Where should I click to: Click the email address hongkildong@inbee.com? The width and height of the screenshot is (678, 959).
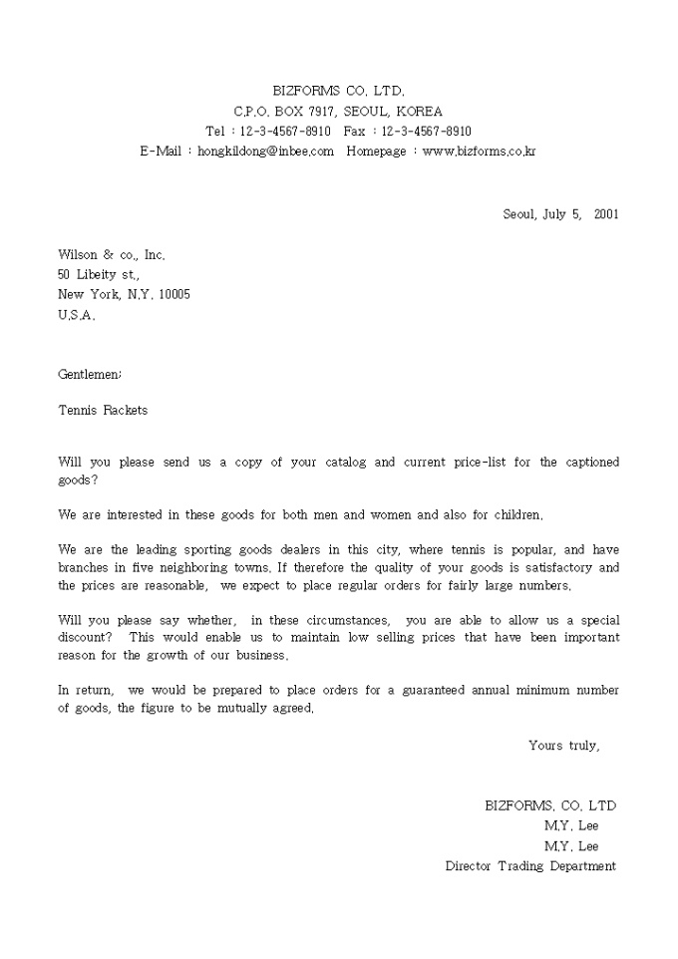[x=265, y=152]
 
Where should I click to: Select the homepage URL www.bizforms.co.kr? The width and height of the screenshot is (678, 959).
[x=480, y=152]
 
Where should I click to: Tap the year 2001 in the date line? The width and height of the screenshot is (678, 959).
[x=606, y=213]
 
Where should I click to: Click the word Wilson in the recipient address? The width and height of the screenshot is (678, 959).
[x=78, y=255]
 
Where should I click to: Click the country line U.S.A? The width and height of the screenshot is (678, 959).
[x=76, y=315]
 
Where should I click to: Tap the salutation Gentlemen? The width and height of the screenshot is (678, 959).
[x=90, y=375]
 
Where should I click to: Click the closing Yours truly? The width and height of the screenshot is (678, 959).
[x=563, y=745]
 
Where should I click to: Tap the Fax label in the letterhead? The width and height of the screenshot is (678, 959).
[x=355, y=132]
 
